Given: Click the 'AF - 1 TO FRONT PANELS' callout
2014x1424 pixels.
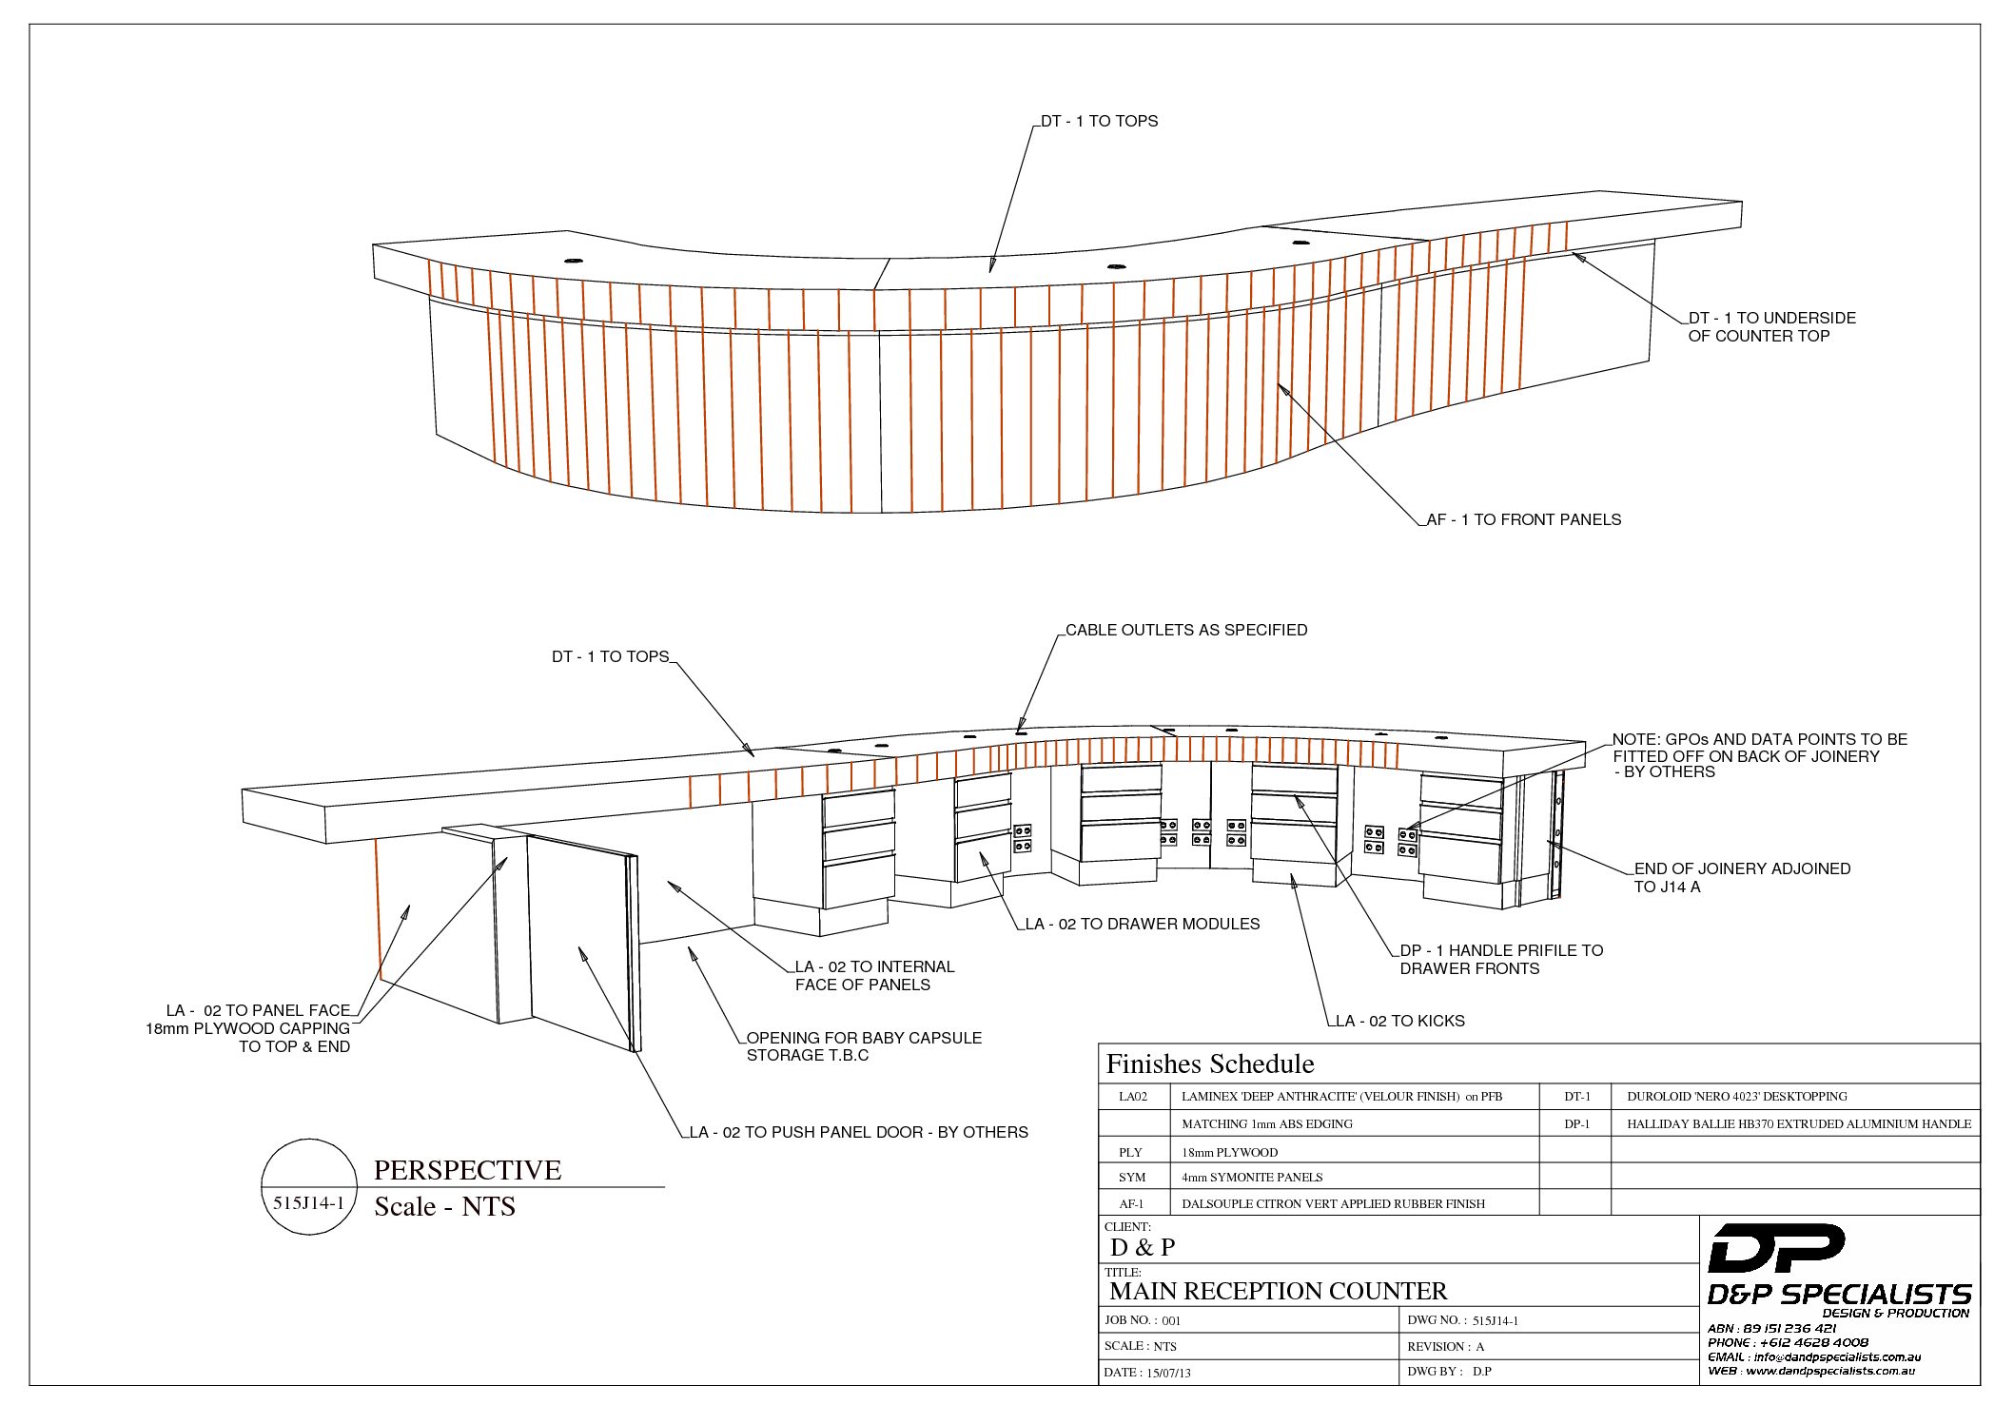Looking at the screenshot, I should click(1523, 519).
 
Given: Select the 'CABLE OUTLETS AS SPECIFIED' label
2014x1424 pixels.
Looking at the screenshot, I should click(1185, 630).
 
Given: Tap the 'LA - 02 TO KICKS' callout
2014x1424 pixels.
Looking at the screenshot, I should click(1399, 1021).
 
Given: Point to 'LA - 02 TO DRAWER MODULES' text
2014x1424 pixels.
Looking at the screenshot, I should click(1142, 924).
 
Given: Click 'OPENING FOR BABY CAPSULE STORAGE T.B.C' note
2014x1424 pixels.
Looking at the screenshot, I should click(863, 1046).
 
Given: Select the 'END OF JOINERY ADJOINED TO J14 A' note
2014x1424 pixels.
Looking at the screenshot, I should click(1741, 877).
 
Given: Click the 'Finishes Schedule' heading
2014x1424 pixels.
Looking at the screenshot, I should click(1209, 1063).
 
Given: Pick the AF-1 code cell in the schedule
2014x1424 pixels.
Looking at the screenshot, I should click(1131, 1203).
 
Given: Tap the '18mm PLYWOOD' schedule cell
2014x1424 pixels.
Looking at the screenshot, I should click(1229, 1152).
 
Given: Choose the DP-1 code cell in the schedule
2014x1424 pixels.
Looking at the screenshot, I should click(1576, 1123).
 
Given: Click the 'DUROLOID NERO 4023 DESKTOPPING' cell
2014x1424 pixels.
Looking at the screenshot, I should click(1736, 1096).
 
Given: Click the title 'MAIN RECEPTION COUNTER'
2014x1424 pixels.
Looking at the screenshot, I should click(1278, 1291).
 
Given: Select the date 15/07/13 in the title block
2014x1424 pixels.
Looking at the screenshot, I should click(1168, 1373).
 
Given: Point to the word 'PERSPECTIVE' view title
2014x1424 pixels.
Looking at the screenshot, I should click(467, 1169).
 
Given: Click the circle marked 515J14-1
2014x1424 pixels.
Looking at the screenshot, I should click(308, 1187).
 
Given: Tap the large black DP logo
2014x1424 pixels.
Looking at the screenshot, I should click(1775, 1248).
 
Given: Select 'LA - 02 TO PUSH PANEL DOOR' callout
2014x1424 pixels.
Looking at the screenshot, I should click(858, 1132).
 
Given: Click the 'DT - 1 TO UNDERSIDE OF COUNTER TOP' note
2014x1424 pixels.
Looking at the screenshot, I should click(1770, 326).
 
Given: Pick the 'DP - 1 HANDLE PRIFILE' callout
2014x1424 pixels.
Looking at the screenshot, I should click(1500, 959).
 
